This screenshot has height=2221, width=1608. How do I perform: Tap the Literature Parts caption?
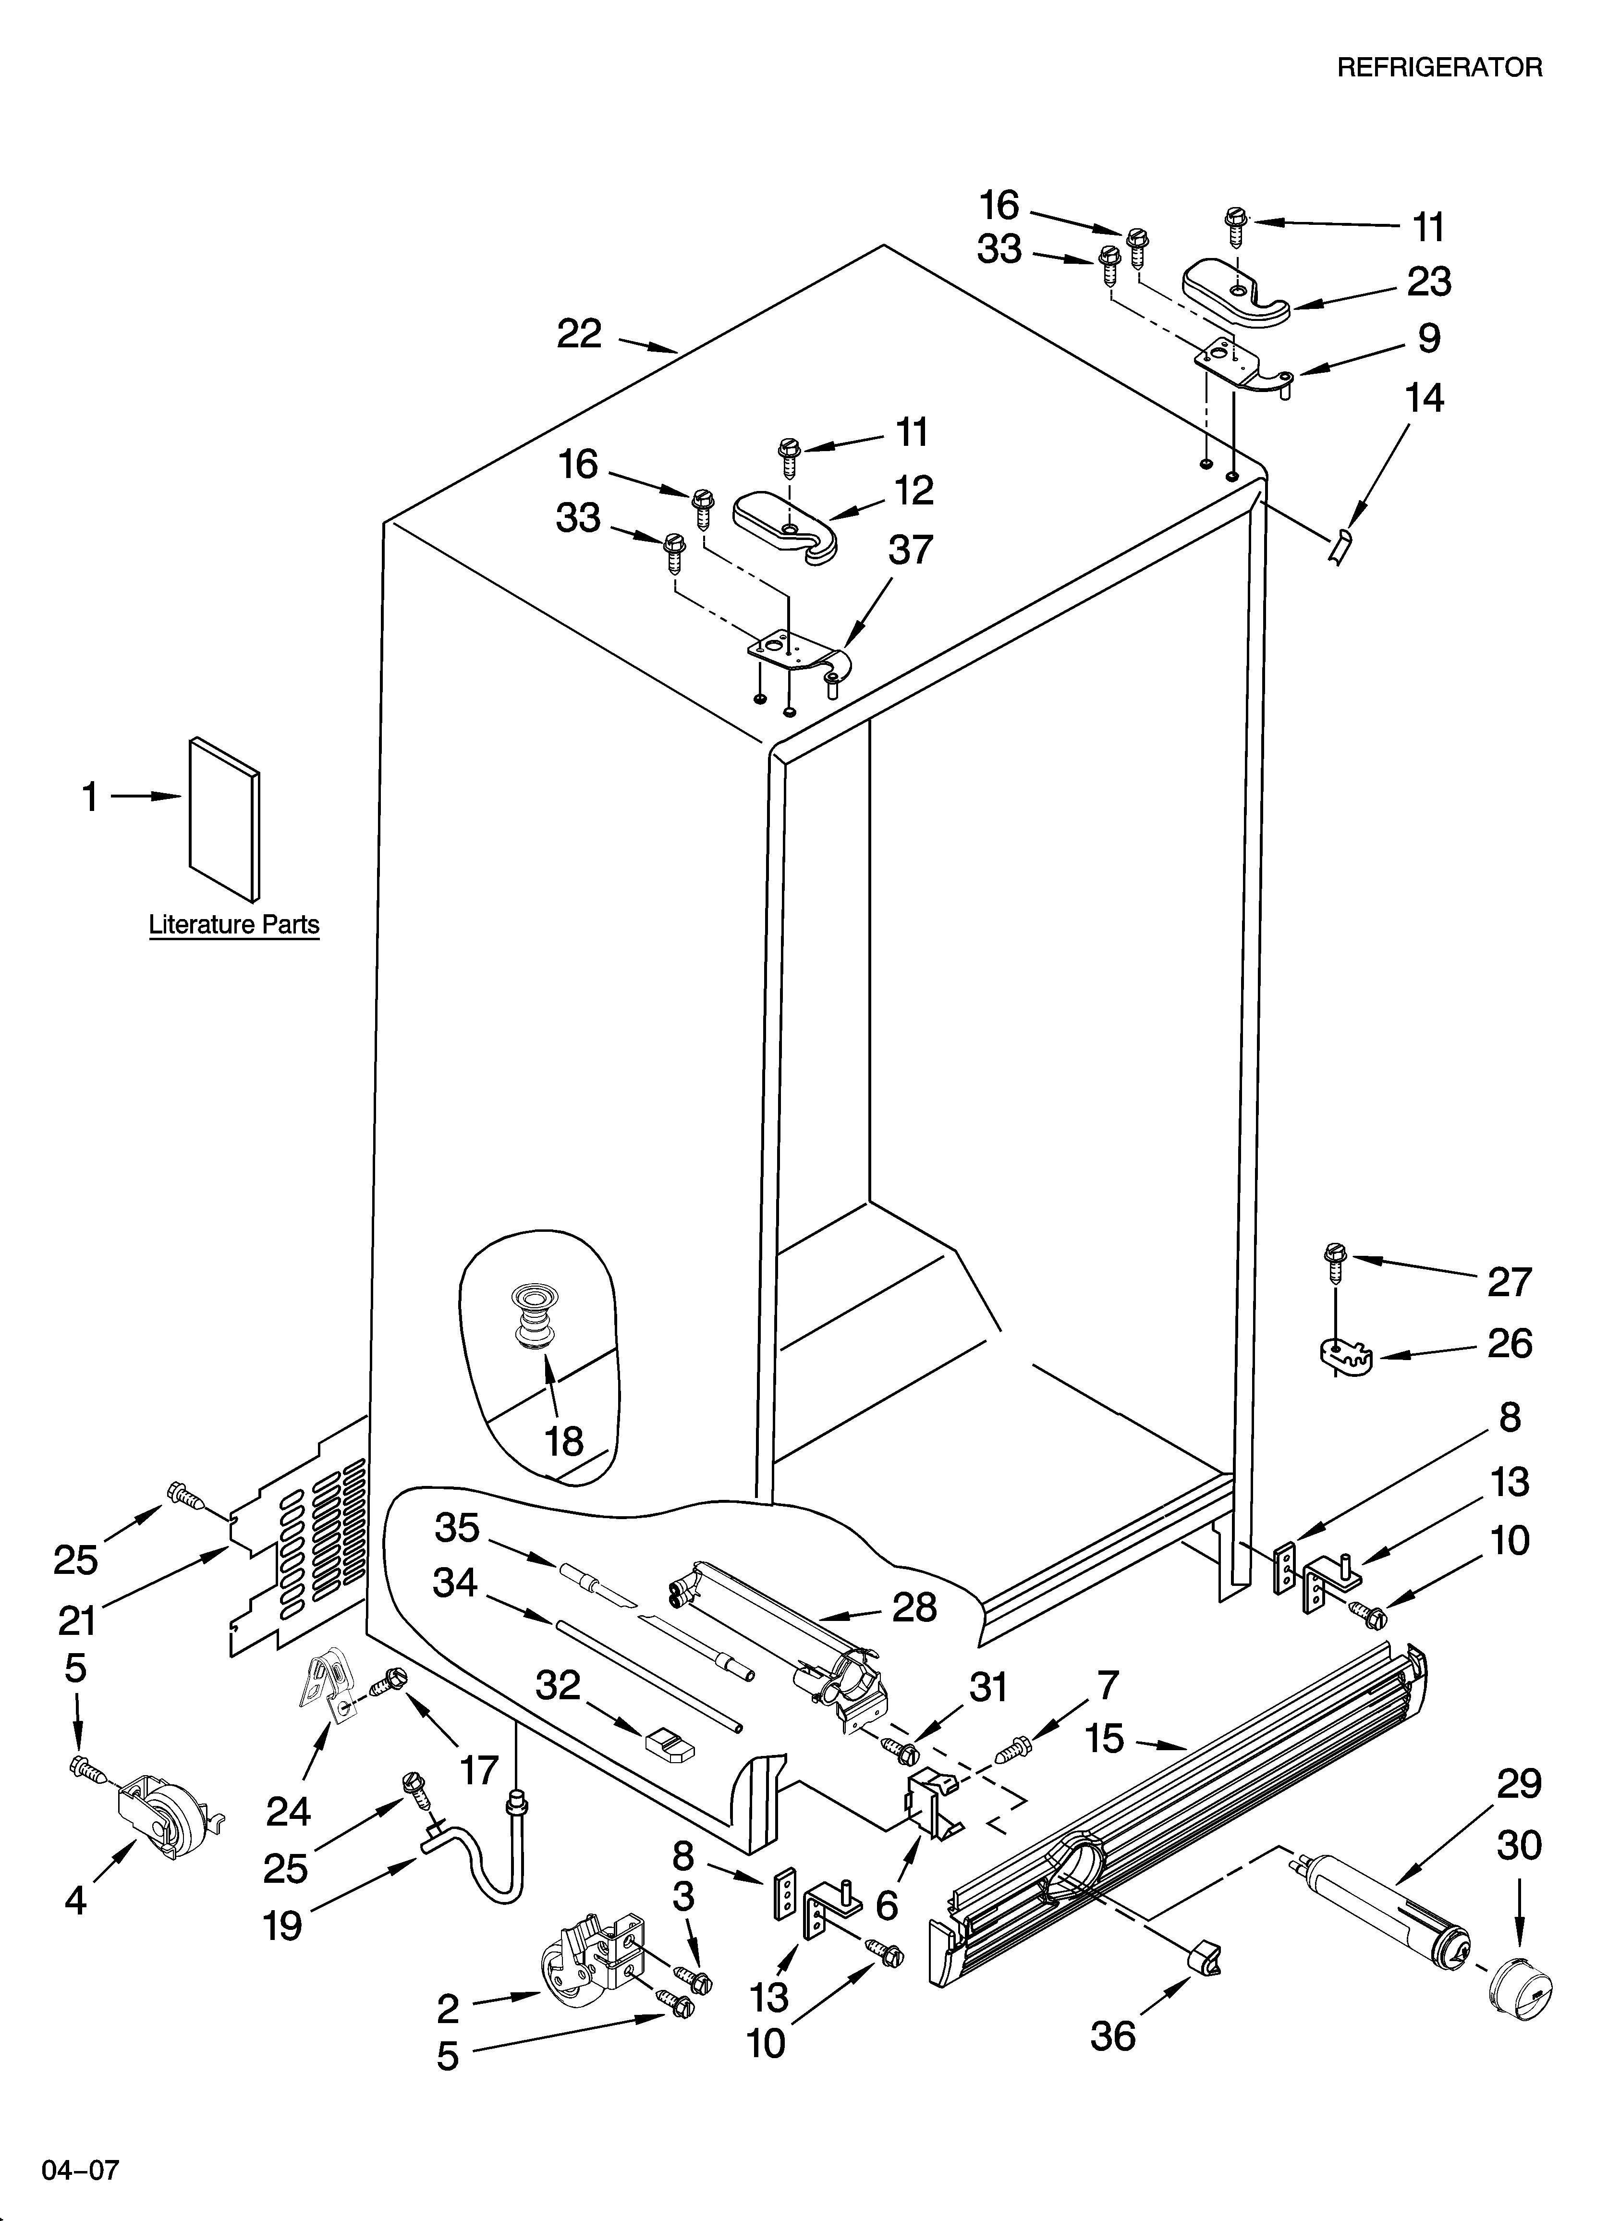click(234, 924)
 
